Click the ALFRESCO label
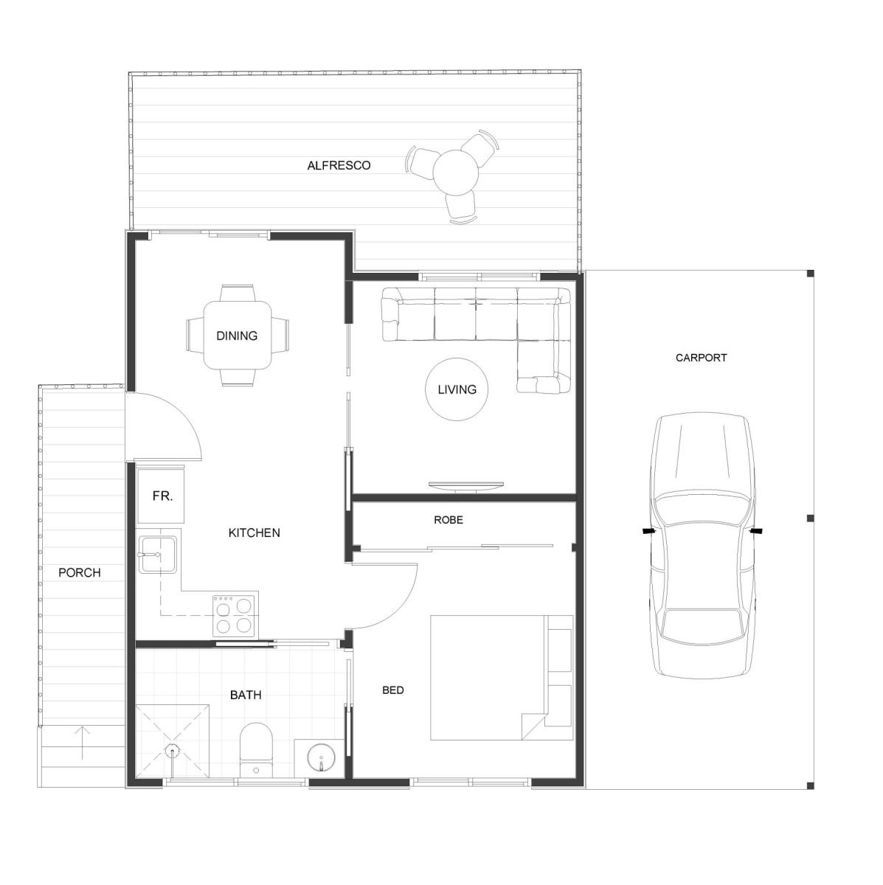339,165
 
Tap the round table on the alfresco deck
456,173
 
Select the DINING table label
237,336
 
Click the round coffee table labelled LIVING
457,389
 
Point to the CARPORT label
701,358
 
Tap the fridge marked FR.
161,496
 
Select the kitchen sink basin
158,555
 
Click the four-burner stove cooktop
235,615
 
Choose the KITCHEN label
254,532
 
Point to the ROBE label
449,520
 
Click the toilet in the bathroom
256,751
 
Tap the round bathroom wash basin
321,757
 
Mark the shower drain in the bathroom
173,752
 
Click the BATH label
246,695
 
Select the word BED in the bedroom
392,690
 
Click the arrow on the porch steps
82,743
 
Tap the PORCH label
80,573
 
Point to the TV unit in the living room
466,485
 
